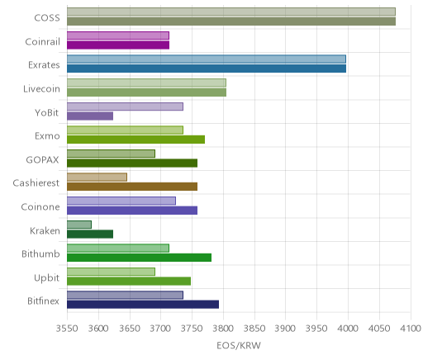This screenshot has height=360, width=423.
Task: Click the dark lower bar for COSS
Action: pos(231,21)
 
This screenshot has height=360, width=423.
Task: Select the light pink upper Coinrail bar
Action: pos(118,36)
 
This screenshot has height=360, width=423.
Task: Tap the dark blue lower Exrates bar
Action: pos(207,69)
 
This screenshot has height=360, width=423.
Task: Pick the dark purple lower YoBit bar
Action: pos(90,116)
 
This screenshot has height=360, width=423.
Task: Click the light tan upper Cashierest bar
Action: pos(97,178)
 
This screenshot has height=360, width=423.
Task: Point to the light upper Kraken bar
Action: pos(79,225)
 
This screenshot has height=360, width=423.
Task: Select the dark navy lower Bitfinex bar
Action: pos(143,305)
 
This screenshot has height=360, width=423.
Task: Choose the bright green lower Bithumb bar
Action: pos(139,258)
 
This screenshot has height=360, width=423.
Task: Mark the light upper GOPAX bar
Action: pos(111,154)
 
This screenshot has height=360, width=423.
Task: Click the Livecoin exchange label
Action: pos(41,89)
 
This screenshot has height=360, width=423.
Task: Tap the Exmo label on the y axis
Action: pos(47,136)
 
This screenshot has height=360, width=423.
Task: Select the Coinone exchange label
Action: pos(40,206)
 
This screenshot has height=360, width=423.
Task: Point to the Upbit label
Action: pos(46,278)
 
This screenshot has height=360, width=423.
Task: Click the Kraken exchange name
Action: pos(45,230)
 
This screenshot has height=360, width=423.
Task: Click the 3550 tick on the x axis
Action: pos(67,329)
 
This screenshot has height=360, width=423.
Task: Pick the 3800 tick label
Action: pos(223,329)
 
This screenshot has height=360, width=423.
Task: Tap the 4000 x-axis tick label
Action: pos(348,329)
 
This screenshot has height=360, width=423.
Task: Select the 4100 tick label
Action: pos(411,329)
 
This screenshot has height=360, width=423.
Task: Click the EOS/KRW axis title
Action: pos(239,345)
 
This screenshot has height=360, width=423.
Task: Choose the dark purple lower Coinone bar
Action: pos(132,211)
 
